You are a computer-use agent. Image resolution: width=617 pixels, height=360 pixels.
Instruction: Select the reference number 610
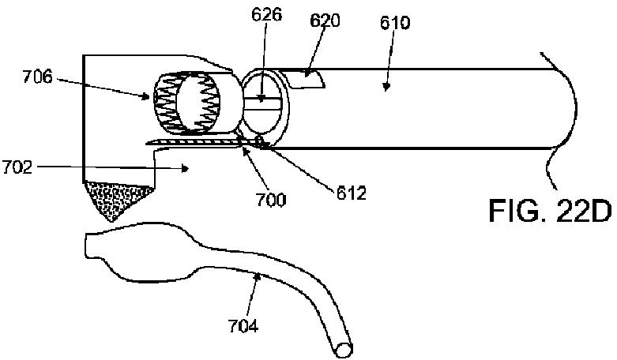tap(394, 23)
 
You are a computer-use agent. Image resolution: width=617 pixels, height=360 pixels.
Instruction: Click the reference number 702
tap(17, 167)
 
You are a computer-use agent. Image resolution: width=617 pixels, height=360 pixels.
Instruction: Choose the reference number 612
tap(350, 193)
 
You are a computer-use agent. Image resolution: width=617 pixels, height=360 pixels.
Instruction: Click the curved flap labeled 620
tap(309, 77)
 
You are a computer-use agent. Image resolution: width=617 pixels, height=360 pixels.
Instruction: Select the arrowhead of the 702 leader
tap(182, 167)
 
